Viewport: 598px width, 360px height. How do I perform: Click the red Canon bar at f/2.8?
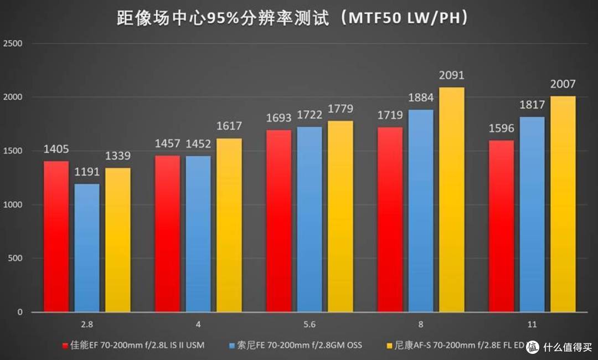click(x=56, y=236)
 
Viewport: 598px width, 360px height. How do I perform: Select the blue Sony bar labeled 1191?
click(x=87, y=248)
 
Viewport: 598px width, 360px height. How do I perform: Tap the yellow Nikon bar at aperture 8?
click(x=452, y=199)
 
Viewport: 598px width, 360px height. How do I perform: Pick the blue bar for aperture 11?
click(x=532, y=214)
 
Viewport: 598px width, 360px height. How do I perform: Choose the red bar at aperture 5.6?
click(x=279, y=221)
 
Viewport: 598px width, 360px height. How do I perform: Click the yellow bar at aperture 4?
click(x=229, y=225)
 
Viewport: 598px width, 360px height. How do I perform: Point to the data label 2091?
click(x=452, y=75)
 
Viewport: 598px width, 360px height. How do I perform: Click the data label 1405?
click(x=56, y=149)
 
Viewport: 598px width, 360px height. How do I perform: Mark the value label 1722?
click(x=310, y=115)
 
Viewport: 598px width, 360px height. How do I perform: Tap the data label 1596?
click(x=501, y=128)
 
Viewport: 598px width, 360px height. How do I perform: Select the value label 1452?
click(x=198, y=144)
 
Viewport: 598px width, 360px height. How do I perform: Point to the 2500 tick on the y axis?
click(x=13, y=43)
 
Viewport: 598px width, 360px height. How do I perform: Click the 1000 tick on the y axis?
click(x=13, y=204)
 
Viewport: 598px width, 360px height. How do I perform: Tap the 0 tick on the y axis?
click(x=19, y=312)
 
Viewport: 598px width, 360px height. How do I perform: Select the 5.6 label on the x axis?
click(x=310, y=325)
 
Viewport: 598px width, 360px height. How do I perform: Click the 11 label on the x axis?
click(x=532, y=325)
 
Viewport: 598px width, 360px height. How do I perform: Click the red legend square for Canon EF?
click(x=65, y=346)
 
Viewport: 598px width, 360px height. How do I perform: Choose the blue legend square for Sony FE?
click(x=232, y=346)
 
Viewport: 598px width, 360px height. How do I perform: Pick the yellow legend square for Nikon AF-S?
click(x=389, y=346)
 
